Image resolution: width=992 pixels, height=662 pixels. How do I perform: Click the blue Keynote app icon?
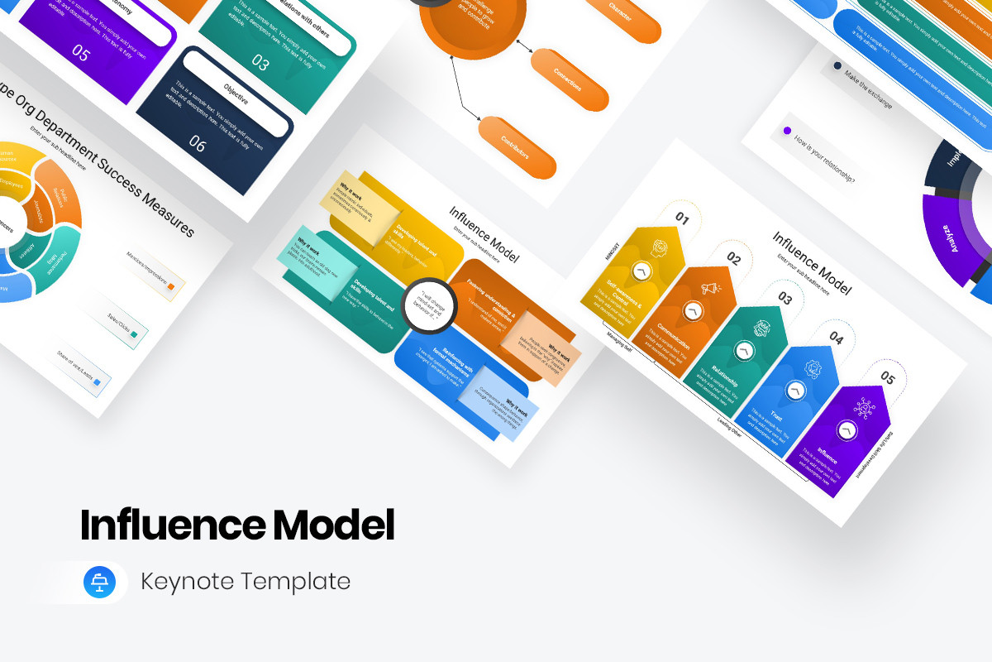click(100, 582)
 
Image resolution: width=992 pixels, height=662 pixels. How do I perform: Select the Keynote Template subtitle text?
click(246, 582)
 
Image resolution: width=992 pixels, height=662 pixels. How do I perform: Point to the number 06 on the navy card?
click(197, 143)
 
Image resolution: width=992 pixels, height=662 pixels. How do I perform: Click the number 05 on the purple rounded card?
click(80, 54)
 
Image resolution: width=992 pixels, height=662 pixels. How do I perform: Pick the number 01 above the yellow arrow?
click(682, 218)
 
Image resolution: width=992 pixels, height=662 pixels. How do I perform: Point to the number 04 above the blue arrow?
click(837, 338)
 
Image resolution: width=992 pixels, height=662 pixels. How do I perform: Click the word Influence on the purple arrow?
click(827, 456)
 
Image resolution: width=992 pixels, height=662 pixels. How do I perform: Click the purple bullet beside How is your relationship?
click(786, 131)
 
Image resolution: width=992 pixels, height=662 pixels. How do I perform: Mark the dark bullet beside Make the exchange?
click(837, 65)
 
